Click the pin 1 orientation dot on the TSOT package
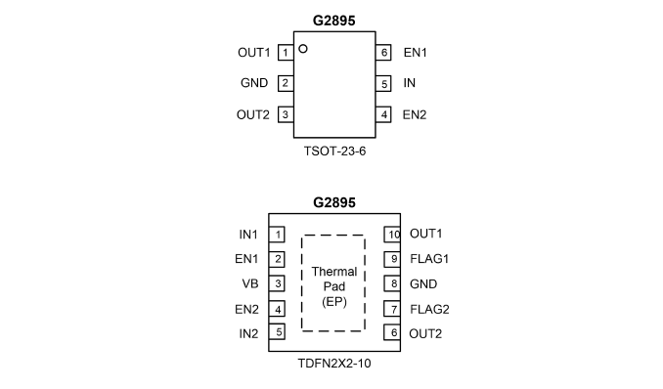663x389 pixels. click(x=303, y=49)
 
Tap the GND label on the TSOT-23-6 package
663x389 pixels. click(x=254, y=83)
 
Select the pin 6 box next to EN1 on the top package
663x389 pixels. click(x=383, y=53)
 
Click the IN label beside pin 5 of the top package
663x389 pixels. click(x=410, y=83)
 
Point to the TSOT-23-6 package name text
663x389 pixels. click(x=334, y=151)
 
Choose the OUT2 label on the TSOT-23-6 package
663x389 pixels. click(x=253, y=114)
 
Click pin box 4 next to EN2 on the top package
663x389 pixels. click(x=383, y=114)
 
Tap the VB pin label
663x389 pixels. click(x=250, y=283)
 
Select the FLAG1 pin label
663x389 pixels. click(x=429, y=259)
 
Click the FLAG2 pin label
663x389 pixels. click(x=429, y=310)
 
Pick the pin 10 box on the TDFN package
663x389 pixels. click(x=392, y=235)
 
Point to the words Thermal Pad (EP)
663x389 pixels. click(x=334, y=286)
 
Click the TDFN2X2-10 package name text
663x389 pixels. click(x=334, y=364)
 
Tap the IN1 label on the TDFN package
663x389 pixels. click(x=248, y=235)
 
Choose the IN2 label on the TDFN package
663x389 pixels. click(x=248, y=333)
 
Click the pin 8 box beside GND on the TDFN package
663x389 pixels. click(x=392, y=283)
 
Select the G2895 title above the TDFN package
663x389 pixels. click(x=334, y=202)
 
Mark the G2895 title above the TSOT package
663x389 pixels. click(x=334, y=21)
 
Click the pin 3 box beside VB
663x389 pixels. click(x=277, y=283)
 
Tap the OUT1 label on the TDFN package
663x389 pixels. click(x=425, y=234)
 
